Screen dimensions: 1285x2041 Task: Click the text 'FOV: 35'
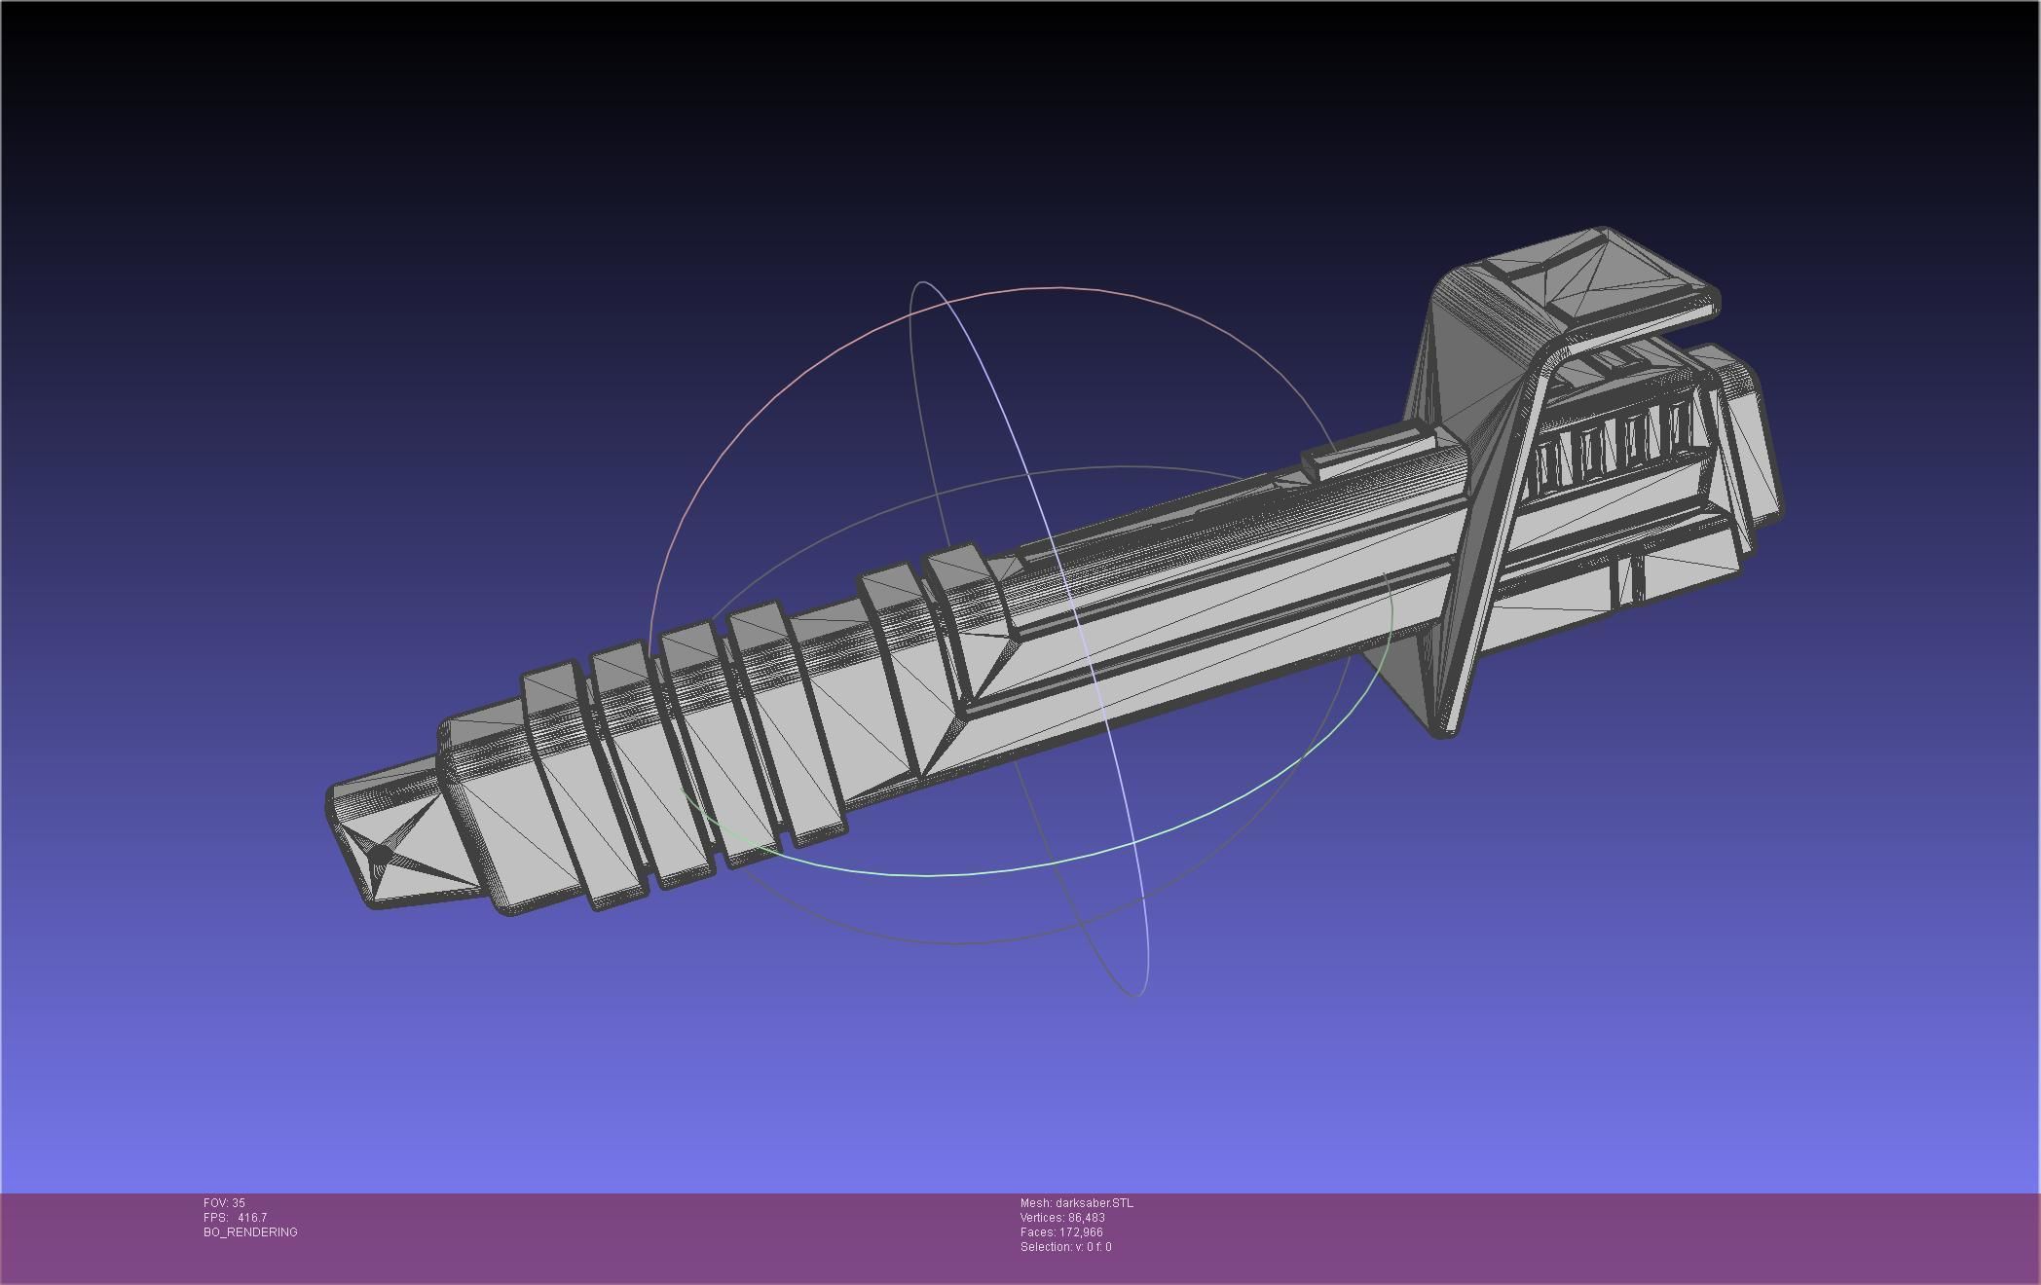[224, 1203]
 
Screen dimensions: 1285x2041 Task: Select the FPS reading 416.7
[251, 1218]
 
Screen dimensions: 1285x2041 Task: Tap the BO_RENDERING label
[250, 1232]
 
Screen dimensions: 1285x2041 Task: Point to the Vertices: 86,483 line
[1062, 1218]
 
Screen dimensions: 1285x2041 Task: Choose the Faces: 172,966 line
[1061, 1232]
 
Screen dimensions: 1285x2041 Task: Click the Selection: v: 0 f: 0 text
[1065, 1247]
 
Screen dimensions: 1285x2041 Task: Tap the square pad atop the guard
[1597, 277]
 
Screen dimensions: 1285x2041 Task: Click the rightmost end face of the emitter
[1753, 448]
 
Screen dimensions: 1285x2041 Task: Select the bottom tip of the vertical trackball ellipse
[1135, 995]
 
